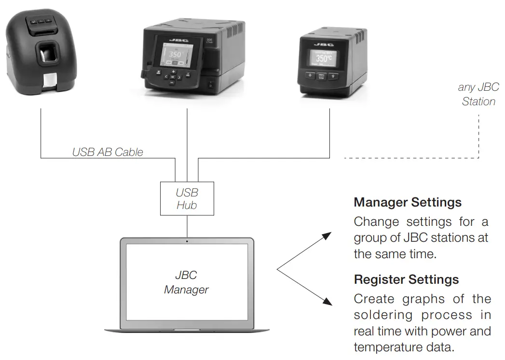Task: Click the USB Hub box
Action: tap(187, 198)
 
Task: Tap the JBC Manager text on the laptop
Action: tap(186, 282)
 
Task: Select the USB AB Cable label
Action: tap(108, 152)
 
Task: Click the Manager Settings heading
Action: tap(408, 202)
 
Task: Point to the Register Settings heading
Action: tap(406, 279)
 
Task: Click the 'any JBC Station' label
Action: tap(478, 94)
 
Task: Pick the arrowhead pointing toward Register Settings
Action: tap(327, 302)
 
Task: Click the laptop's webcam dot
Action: tap(187, 240)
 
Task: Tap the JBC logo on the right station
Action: tap(324, 45)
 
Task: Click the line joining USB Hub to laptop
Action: tap(187, 226)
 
